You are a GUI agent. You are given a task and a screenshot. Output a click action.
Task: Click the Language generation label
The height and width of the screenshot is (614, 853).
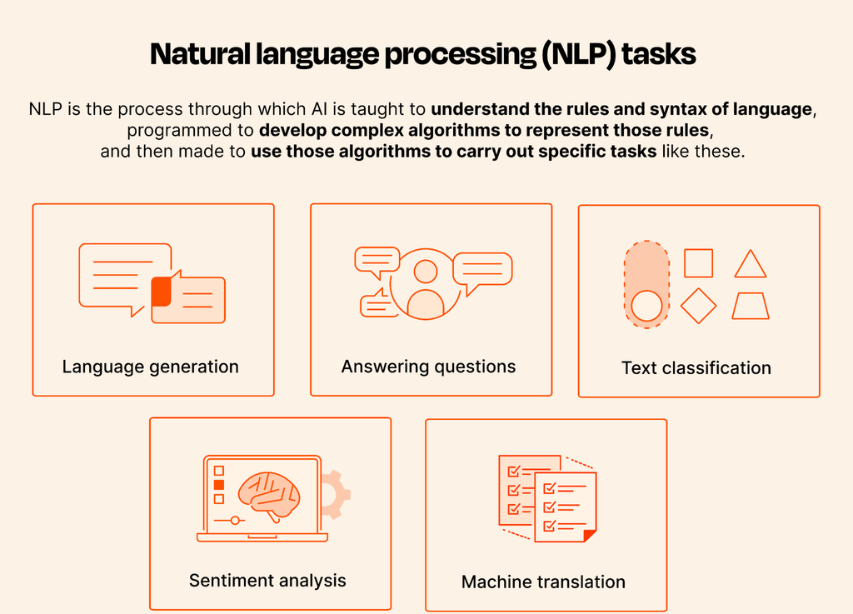(150, 367)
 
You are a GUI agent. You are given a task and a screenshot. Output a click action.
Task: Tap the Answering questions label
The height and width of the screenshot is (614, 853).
(429, 367)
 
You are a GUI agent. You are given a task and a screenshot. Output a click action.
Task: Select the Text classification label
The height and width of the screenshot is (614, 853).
(696, 368)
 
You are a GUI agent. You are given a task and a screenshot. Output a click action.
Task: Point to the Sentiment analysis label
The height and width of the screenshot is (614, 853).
(267, 581)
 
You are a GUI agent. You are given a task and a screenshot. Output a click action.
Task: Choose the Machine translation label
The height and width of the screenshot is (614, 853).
(543, 582)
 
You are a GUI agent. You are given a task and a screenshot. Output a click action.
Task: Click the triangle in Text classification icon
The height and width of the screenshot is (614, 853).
(751, 264)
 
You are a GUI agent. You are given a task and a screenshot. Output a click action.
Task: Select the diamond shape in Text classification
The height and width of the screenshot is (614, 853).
(699, 307)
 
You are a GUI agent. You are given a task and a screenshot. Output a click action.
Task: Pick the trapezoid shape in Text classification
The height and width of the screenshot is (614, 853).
(751, 306)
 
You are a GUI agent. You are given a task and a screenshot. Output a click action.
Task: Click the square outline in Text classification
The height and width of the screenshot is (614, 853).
(699, 263)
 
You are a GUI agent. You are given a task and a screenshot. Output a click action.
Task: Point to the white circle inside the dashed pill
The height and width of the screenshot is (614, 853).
(646, 306)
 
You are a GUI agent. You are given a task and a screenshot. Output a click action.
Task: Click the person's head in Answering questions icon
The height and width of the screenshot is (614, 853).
(426, 272)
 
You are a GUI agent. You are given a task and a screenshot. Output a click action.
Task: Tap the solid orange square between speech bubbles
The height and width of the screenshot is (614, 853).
(161, 291)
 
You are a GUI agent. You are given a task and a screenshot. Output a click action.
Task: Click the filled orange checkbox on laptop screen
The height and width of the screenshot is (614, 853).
(219, 485)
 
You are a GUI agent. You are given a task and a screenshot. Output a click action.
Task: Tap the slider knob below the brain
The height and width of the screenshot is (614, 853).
(235, 521)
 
